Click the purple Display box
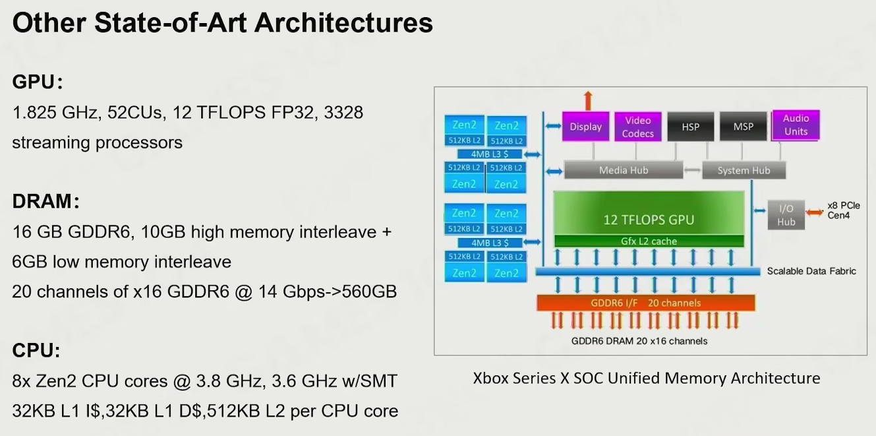click(x=585, y=126)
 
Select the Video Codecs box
click(x=638, y=127)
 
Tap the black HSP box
click(x=691, y=127)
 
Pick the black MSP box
click(x=743, y=127)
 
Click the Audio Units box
click(x=796, y=125)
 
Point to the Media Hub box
click(x=623, y=170)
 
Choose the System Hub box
click(x=744, y=170)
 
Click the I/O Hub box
click(x=786, y=215)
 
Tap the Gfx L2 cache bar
click(x=649, y=241)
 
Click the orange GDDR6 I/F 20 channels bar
click(x=645, y=303)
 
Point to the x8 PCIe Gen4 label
click(x=844, y=210)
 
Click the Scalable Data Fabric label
click(x=811, y=271)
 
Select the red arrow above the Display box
click(x=588, y=100)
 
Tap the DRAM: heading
click(x=45, y=202)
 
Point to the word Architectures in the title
click(x=343, y=23)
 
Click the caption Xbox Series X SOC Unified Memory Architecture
click(x=647, y=378)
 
